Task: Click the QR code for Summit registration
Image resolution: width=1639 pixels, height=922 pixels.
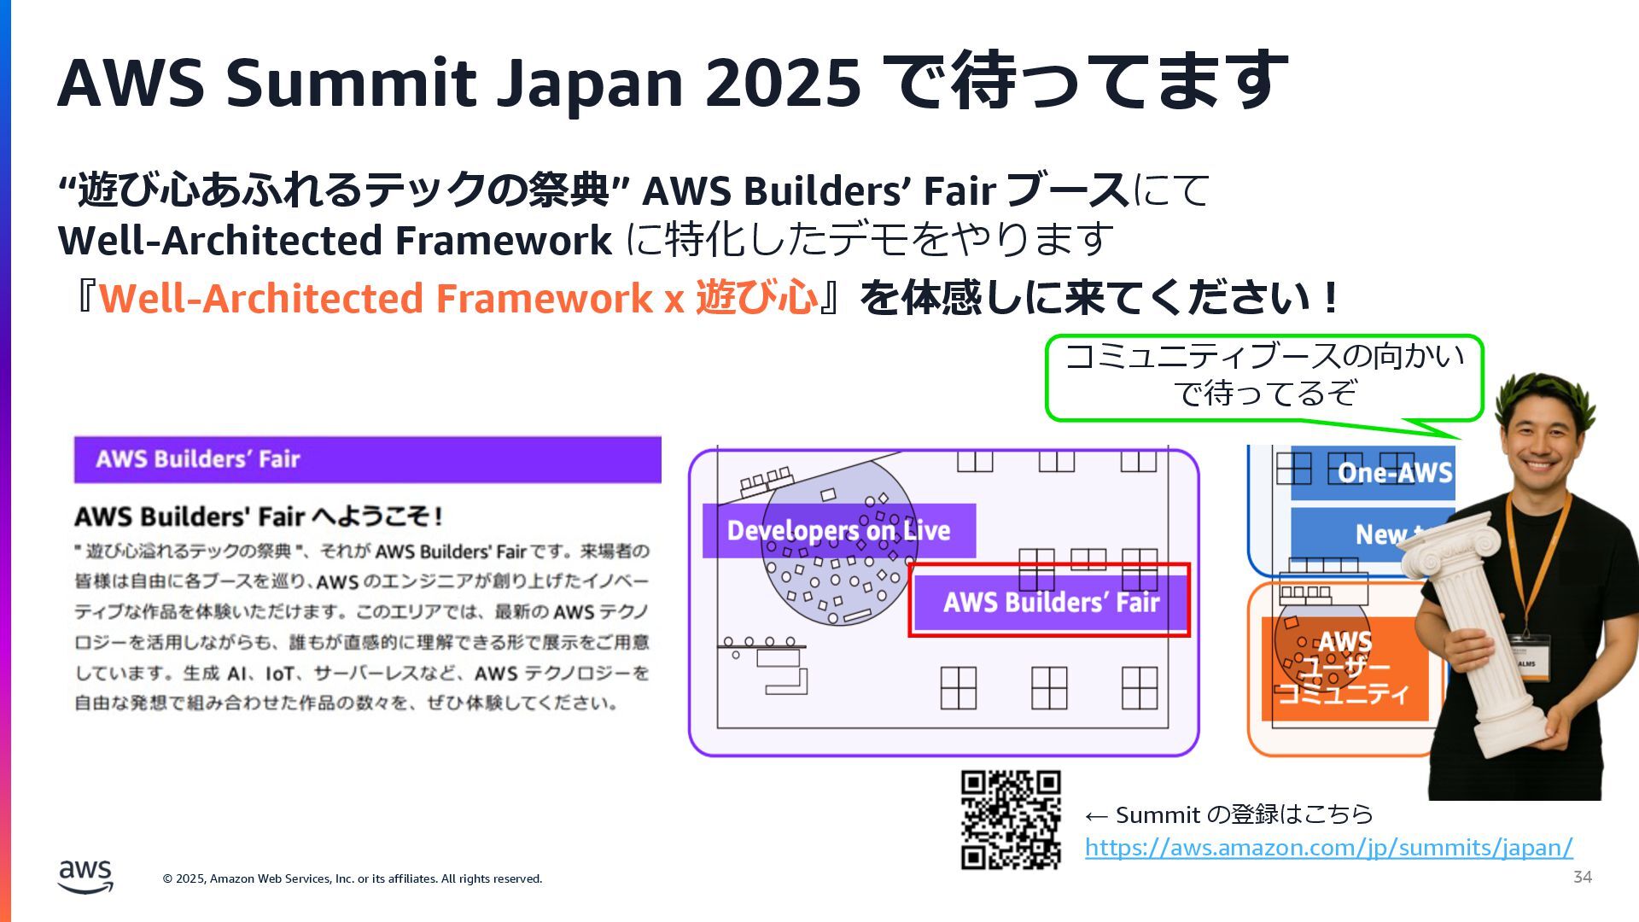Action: (1011, 820)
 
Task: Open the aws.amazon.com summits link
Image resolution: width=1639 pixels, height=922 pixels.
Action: (1328, 848)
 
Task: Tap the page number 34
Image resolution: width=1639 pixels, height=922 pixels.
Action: (1582, 877)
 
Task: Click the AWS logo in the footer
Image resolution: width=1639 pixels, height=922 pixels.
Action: (85, 876)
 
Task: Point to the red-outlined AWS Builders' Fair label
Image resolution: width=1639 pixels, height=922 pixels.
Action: (1050, 602)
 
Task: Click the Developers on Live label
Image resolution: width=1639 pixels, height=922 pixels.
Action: (838, 530)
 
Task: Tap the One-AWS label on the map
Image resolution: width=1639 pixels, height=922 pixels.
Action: (1393, 472)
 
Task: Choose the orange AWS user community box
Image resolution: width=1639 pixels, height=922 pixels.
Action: (1344, 668)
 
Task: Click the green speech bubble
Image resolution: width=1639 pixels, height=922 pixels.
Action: (1263, 376)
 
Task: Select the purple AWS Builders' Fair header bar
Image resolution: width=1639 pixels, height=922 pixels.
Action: (367, 459)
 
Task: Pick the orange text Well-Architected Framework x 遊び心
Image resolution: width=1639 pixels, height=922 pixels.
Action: (458, 298)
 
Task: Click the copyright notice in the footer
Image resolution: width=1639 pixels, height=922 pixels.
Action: (352, 878)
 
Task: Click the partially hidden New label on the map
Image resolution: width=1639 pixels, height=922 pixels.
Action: (1383, 534)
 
